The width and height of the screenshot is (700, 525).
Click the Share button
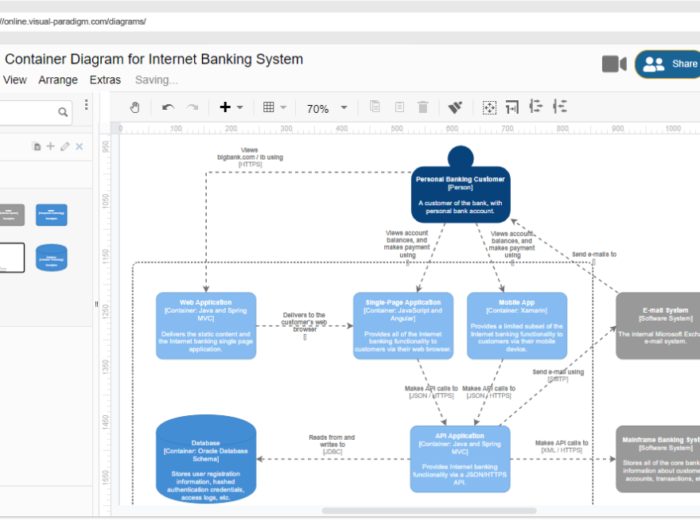668,64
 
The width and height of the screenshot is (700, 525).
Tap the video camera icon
614,64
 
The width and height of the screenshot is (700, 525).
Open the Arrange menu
58,80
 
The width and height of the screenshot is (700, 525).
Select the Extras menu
105,80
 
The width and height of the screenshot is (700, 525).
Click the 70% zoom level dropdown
327,108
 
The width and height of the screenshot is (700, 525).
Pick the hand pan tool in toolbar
134,107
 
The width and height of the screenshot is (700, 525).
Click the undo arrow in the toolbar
168,107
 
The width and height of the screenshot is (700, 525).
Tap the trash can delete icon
423,107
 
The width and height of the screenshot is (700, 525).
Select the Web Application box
205,325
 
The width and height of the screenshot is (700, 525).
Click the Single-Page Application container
403,325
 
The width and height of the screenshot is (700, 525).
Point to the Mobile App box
517,325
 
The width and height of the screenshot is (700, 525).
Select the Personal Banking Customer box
461,194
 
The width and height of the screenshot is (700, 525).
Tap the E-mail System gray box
658,325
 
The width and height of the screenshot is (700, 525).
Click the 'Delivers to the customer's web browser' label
304,322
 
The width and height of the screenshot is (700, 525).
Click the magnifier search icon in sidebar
63,113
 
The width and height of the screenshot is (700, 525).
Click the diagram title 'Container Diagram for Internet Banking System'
154,59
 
